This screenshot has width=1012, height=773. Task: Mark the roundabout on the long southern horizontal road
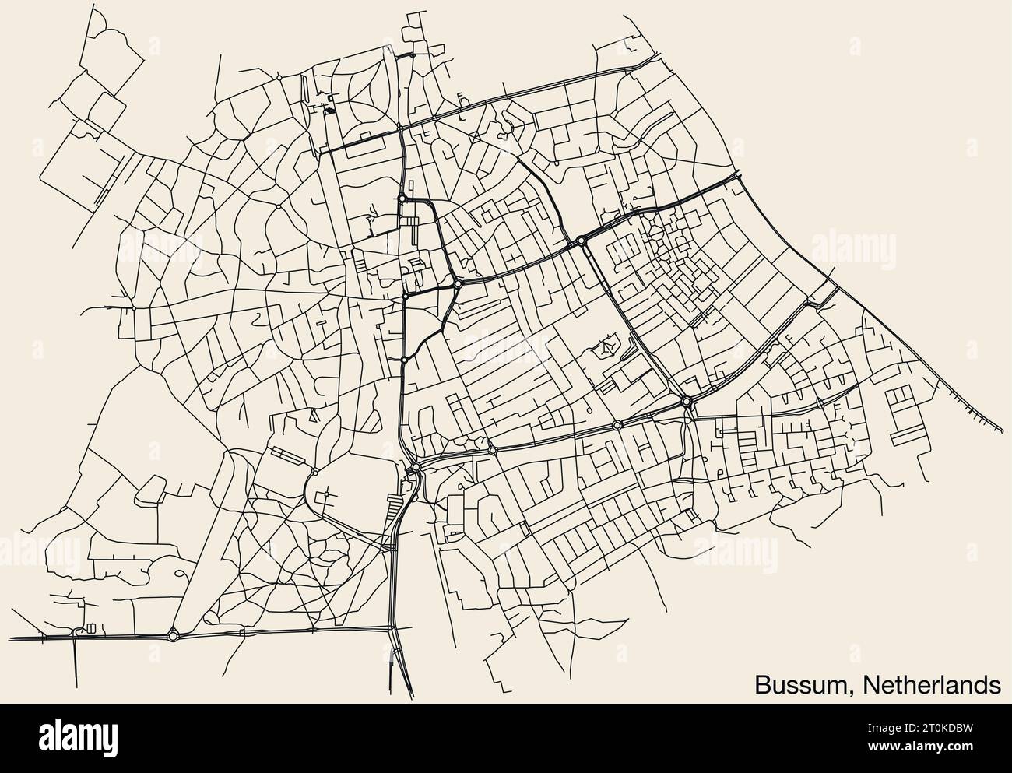[x=173, y=635]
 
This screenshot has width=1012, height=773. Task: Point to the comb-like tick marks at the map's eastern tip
[x=973, y=408]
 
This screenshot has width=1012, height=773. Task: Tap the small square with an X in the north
[x=475, y=137]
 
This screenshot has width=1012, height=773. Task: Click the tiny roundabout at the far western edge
[x=133, y=308]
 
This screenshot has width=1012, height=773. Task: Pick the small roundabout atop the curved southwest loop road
[x=314, y=473]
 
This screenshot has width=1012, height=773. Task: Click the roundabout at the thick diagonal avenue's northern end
[x=582, y=241]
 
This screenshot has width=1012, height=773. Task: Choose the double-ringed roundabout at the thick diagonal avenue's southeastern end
[x=687, y=402]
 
